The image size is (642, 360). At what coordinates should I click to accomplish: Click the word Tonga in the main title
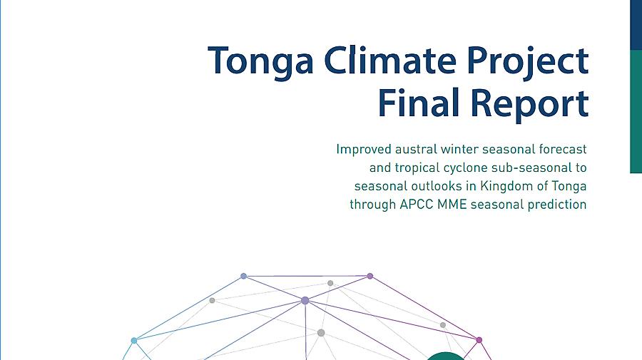click(x=261, y=61)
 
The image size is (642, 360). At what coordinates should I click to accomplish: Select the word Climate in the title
click(x=390, y=60)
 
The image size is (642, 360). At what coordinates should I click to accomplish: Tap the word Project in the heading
click(x=528, y=62)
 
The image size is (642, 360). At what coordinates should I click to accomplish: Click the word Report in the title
click(x=530, y=104)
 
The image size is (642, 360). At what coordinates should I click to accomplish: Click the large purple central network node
click(x=305, y=301)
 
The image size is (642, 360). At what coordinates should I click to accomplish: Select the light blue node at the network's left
click(x=134, y=340)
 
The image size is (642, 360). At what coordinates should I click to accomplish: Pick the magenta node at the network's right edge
click(x=479, y=339)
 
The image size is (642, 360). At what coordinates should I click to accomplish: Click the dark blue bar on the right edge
click(x=636, y=24)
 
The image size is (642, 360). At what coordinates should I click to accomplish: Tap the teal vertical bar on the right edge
click(x=636, y=111)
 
